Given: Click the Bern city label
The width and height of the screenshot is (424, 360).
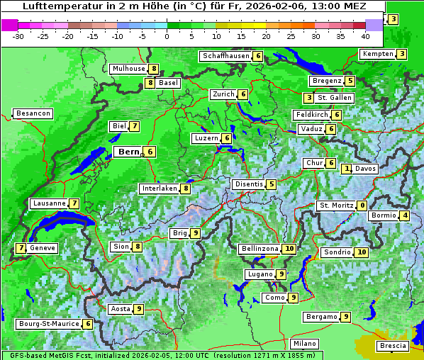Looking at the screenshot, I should coord(128,152).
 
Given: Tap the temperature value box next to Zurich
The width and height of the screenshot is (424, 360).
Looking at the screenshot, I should coord(243,94).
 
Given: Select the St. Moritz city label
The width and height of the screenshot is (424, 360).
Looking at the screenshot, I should coord(335,206).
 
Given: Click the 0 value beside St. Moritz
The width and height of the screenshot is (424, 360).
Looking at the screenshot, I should coord(362,206).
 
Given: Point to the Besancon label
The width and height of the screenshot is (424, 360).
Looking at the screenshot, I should coord(33,113).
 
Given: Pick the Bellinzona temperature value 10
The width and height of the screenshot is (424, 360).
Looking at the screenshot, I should coord(289,249).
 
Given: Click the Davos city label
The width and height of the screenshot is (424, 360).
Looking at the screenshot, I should coord(366,169).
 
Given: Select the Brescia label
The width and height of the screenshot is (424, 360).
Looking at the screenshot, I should coord(393,346).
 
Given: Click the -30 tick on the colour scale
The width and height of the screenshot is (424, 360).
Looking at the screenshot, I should coord(18,35).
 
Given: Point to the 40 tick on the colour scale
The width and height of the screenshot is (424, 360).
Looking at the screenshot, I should coord(365,35).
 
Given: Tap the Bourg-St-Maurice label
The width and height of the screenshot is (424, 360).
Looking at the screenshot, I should coord(48,324).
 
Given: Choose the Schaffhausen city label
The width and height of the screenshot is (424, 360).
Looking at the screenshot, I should coord(225,56).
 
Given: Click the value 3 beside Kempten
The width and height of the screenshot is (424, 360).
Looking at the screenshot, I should coord(402,54).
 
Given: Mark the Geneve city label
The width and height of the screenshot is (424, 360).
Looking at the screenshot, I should coord(43,248).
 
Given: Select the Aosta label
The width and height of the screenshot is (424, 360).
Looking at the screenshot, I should coord(121,309).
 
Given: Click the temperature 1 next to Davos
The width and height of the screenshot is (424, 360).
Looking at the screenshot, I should coord(347,169).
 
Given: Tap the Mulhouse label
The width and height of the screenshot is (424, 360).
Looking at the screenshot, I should coord(128,69).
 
